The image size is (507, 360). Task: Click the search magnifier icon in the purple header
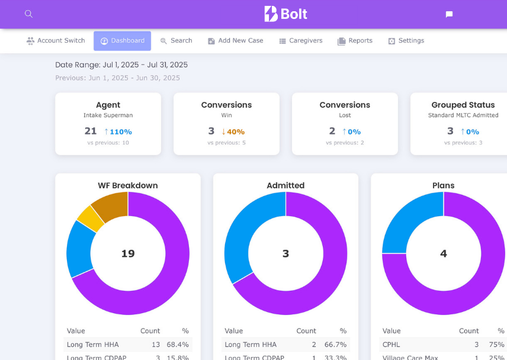point(28,14)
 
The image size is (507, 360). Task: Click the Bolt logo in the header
point(285,14)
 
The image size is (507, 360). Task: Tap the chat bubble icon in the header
point(449,14)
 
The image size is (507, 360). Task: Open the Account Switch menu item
point(56,41)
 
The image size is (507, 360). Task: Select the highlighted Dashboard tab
point(122,41)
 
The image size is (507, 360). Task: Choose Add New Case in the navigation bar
point(235,41)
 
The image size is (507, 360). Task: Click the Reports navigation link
point(355,41)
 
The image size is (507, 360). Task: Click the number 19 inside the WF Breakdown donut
point(128,253)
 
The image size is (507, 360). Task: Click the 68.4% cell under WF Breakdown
point(178,345)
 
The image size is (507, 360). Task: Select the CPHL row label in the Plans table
point(392,345)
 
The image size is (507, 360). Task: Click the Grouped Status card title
point(463,105)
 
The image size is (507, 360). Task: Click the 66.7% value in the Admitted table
point(336,345)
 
